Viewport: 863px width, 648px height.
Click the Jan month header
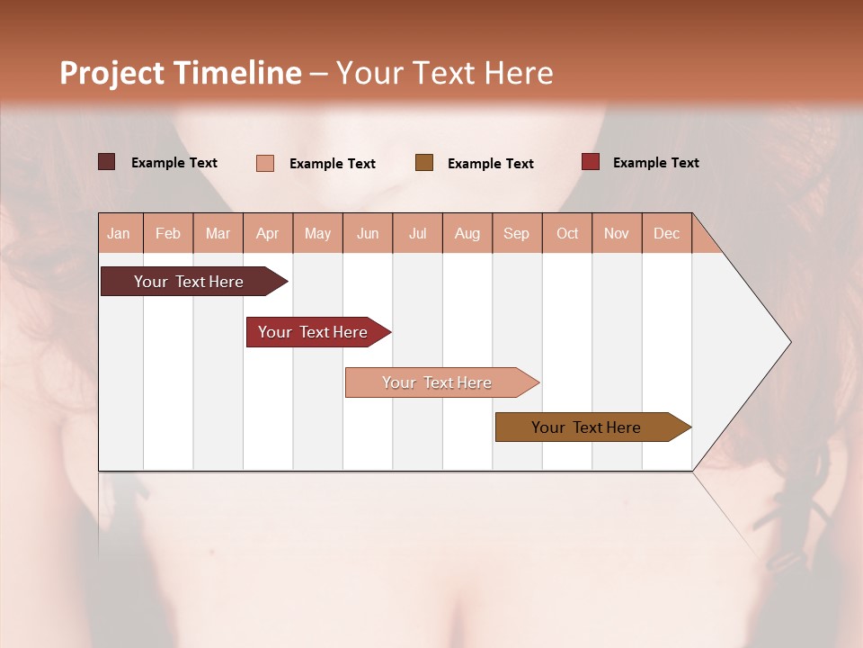pos(119,233)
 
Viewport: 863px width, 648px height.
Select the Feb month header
pos(168,233)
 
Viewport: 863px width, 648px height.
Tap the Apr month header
pos(267,233)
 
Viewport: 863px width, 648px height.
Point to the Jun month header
pos(368,233)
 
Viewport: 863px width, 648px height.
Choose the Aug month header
pos(467,233)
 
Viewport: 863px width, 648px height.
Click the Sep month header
pos(516,233)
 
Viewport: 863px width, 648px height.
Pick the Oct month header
pos(567,233)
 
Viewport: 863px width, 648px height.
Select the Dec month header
pos(666,233)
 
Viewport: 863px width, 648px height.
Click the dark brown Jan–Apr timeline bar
pos(190,282)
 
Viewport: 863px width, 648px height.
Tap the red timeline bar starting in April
pos(314,332)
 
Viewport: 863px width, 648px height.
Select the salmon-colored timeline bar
pos(438,382)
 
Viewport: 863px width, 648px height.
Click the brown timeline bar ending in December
pos(587,427)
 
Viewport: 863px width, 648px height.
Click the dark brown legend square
pos(106,162)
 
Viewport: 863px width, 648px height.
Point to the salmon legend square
pos(265,163)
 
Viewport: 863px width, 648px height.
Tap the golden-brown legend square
pos(424,162)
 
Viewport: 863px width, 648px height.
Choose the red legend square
pos(590,162)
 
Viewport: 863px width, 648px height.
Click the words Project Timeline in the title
pos(180,73)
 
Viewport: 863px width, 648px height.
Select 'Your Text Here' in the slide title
pos(444,73)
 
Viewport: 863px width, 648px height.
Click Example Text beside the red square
pos(655,163)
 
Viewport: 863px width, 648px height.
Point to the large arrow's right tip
pos(789,342)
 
